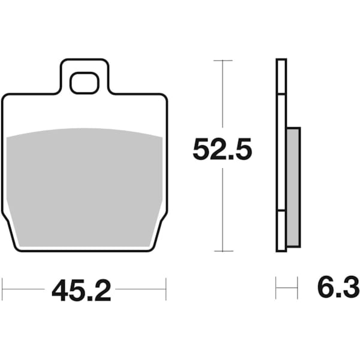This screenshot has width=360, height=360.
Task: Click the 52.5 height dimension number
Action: (222, 149)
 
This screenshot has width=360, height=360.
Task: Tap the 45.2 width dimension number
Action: (81, 290)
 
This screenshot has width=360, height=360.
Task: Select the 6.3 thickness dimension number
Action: (338, 287)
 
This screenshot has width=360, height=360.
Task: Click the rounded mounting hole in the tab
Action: (84, 83)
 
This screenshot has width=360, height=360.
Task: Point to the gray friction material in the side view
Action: (293, 187)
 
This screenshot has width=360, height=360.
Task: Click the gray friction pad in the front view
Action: (84, 187)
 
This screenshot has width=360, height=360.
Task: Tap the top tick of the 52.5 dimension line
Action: (223, 61)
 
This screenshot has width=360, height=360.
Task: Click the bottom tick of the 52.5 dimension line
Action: (223, 251)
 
